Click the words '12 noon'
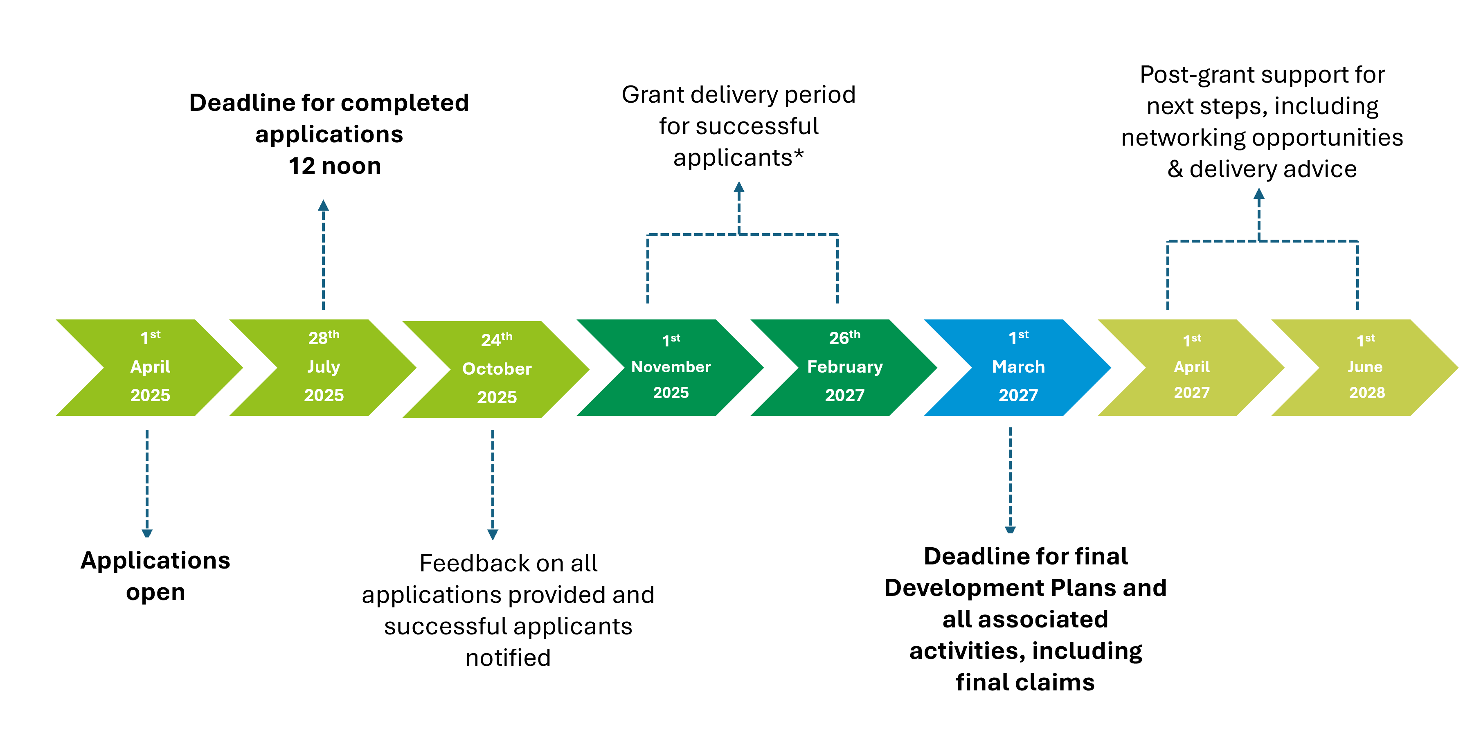coord(335,166)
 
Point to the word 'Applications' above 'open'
coord(155,561)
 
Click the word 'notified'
coord(508,658)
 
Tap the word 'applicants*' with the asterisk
coord(738,158)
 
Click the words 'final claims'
coord(1025,682)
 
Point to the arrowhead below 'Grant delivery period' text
coord(739,187)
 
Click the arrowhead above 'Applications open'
coord(147,533)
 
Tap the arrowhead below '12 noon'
coord(323,205)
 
